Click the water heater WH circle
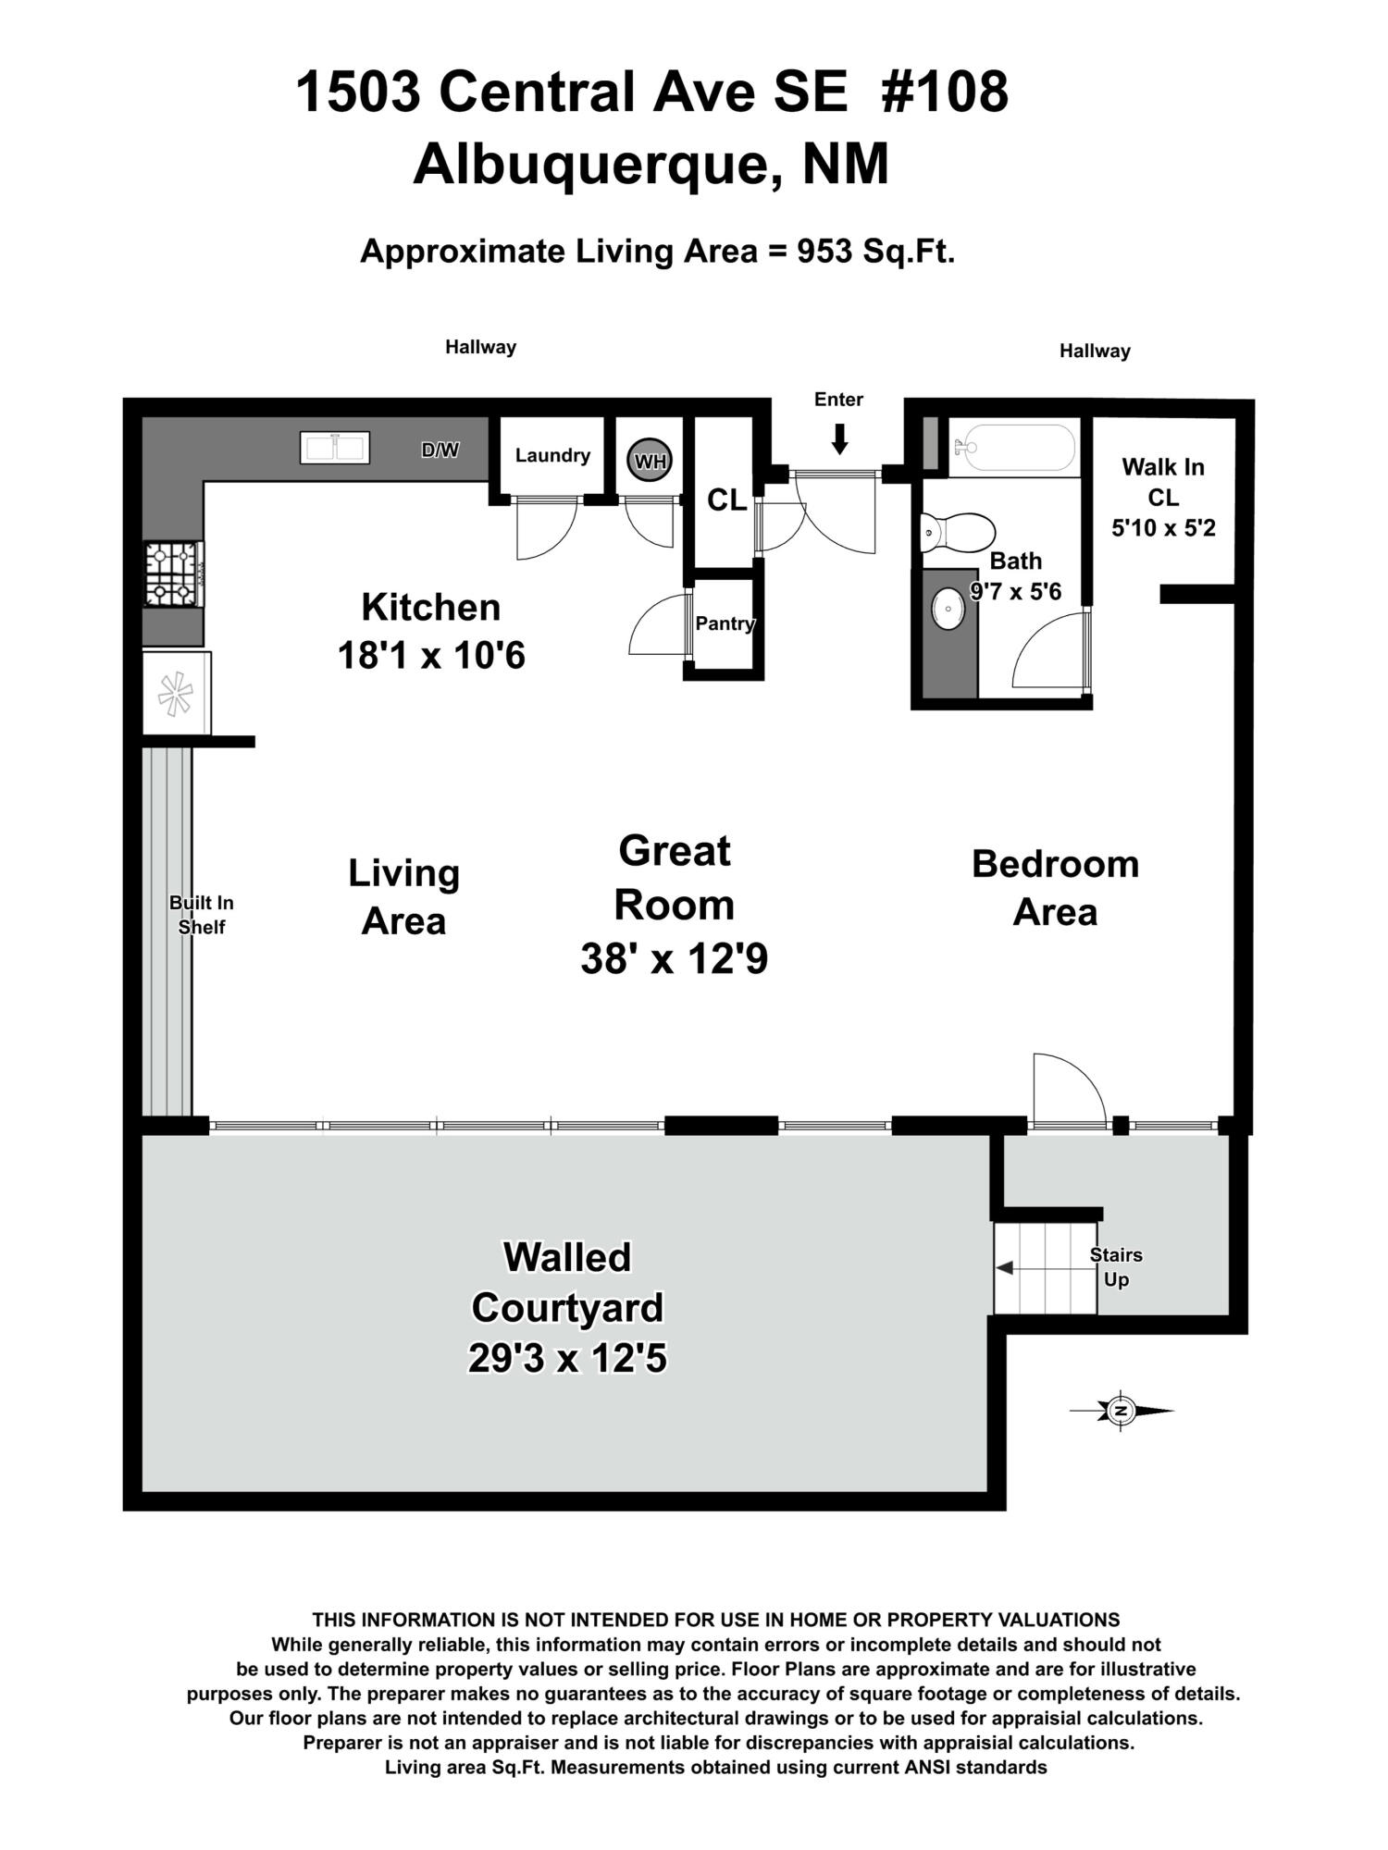point(650,461)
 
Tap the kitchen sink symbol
point(335,448)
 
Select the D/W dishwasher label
point(440,450)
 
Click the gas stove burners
point(173,574)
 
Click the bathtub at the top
point(1015,448)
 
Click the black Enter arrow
point(839,438)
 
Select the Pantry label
point(725,623)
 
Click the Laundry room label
point(552,455)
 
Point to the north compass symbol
point(1122,1411)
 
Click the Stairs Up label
point(1116,1267)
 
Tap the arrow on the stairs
point(1005,1267)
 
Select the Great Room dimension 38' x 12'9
point(674,959)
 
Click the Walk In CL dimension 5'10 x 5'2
point(1163,528)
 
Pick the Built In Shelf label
point(201,915)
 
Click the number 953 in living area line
point(824,251)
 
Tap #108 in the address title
point(945,92)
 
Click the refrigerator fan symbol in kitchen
point(175,694)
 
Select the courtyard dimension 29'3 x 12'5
point(567,1359)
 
